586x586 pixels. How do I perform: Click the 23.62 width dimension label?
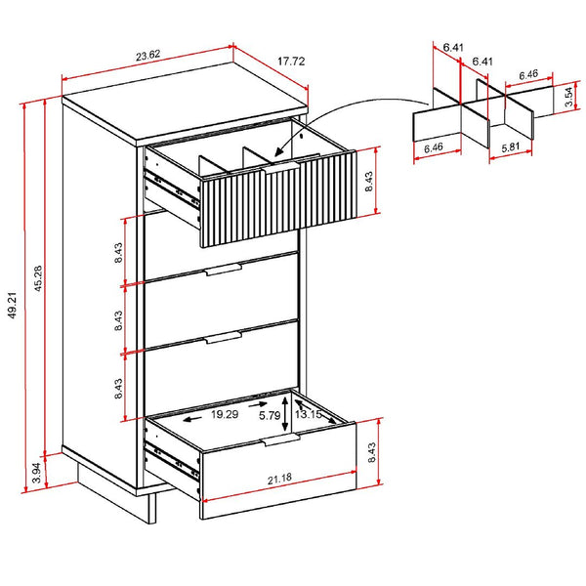pos(148,56)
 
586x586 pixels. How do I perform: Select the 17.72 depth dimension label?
pos(291,61)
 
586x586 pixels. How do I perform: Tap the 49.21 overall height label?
pos(13,306)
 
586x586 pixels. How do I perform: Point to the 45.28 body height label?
pos(38,278)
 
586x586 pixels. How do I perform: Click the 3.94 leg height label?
pos(36,473)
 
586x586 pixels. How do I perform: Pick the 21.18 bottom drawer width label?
pos(279,480)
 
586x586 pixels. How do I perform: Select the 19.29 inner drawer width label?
pos(225,414)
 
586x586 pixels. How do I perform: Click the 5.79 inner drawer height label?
pos(270,415)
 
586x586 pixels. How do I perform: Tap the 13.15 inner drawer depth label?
pos(309,414)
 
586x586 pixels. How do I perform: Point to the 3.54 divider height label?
pos(568,97)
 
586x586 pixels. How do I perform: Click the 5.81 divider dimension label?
pos(511,146)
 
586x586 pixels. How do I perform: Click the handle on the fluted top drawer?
pos(280,167)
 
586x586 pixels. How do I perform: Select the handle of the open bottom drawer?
pos(281,439)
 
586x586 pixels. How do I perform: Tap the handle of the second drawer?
pos(224,270)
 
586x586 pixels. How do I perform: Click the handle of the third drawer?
pos(224,337)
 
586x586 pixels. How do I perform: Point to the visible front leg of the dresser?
pos(151,508)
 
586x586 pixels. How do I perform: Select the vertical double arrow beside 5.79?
pos(285,414)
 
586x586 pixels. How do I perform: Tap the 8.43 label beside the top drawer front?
pos(369,182)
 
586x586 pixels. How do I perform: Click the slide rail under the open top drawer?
pos(172,189)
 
